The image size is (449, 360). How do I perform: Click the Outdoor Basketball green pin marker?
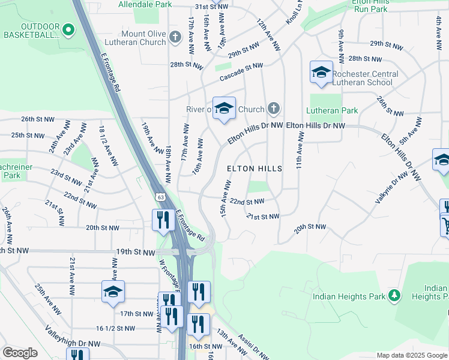(x=68, y=28)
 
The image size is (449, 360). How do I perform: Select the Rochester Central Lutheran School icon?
(x=321, y=73)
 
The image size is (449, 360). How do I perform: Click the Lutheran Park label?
(x=332, y=110)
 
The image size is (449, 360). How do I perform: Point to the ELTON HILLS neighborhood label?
(x=255, y=169)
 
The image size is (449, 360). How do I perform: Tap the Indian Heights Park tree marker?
(x=394, y=296)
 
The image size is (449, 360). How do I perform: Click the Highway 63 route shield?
(x=160, y=197)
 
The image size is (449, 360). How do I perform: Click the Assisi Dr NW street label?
(x=253, y=346)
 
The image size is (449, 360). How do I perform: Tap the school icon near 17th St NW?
(x=113, y=292)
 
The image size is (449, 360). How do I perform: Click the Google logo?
(x=20, y=353)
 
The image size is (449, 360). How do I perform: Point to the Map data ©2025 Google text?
(x=412, y=355)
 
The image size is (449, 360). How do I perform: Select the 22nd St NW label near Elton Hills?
(x=247, y=202)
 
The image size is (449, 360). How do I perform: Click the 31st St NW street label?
(x=212, y=7)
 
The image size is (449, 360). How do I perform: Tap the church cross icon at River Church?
(x=273, y=109)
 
